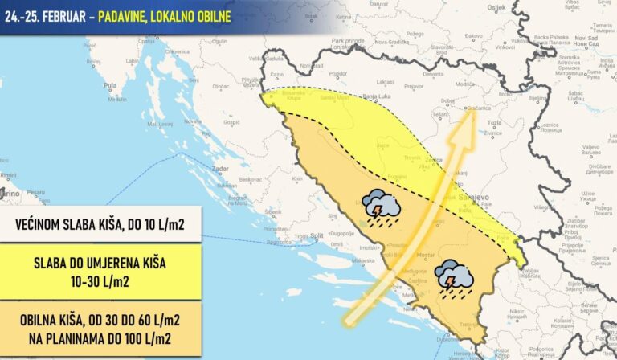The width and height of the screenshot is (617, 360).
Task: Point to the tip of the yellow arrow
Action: [471, 113]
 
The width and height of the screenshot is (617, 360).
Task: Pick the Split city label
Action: [317, 235]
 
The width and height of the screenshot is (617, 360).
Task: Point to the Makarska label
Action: [363, 260]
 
